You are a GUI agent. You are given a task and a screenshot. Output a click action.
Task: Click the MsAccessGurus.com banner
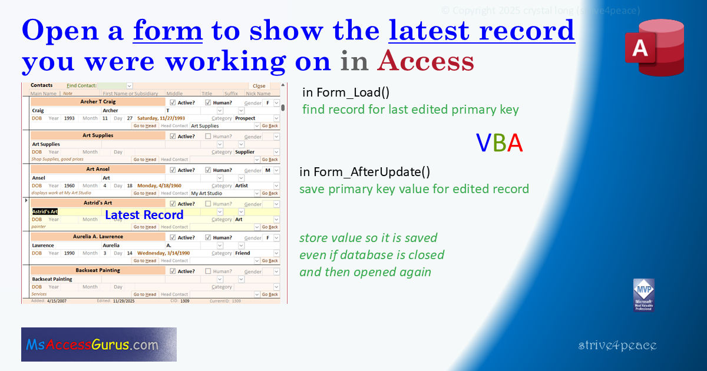tap(99, 344)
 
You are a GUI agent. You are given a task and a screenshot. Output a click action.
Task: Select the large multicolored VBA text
tap(499, 143)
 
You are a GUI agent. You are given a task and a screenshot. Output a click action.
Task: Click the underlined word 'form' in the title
tap(168, 31)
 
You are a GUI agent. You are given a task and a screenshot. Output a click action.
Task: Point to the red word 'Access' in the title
tap(425, 60)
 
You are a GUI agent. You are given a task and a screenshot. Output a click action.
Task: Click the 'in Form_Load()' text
tap(346, 92)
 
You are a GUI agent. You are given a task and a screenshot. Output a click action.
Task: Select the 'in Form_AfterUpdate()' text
tap(365, 172)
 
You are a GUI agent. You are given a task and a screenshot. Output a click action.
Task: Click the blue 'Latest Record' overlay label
tap(144, 215)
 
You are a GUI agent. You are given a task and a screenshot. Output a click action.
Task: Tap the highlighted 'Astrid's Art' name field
tap(45, 211)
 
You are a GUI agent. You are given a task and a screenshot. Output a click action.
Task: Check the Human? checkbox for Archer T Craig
tap(208, 102)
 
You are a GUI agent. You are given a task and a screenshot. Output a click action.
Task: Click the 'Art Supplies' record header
tap(98, 135)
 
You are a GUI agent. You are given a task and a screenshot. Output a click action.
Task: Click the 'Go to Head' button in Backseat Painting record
tap(144, 294)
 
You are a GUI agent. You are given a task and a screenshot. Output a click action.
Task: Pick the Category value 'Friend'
tap(243, 253)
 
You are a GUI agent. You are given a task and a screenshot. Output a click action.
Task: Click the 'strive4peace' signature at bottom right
tap(617, 346)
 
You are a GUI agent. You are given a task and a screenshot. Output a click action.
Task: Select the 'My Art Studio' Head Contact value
tap(207, 193)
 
